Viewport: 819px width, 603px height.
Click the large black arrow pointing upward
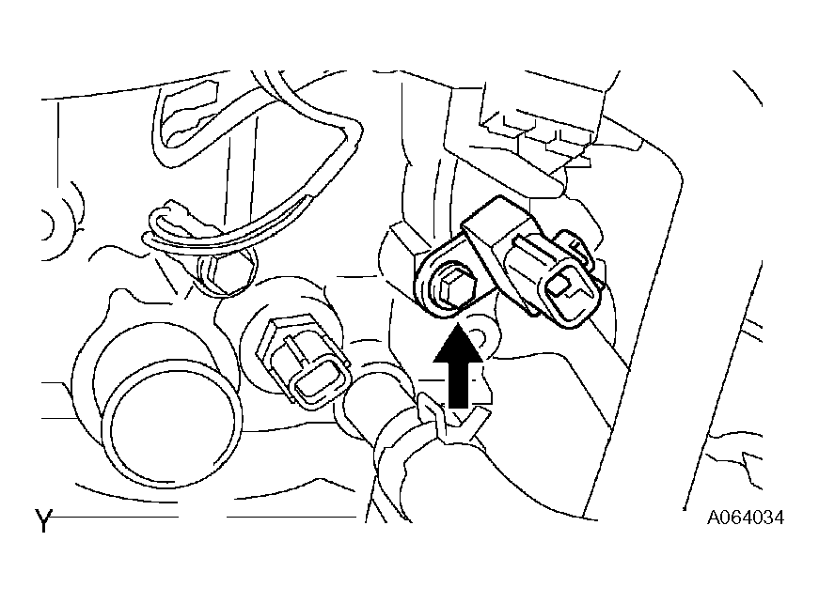tap(459, 366)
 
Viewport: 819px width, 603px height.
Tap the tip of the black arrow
tap(458, 324)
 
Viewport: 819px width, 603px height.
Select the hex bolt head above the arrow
tap(453, 289)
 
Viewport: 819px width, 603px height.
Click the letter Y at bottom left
tap(44, 520)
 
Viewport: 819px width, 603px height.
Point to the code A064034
tap(746, 518)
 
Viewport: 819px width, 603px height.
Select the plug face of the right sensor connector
tap(569, 294)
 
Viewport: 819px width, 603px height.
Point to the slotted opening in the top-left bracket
tap(188, 113)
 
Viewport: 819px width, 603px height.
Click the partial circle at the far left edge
tap(49, 224)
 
